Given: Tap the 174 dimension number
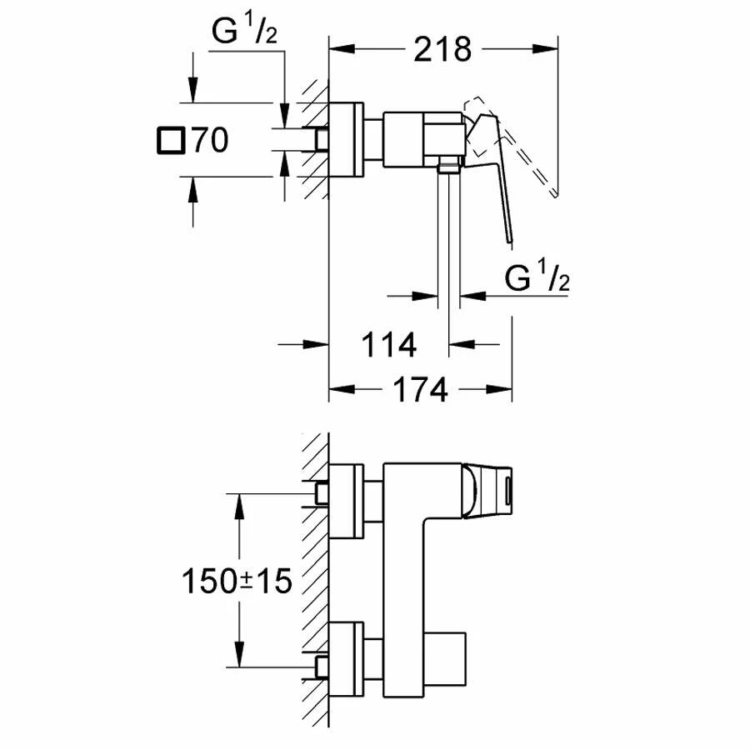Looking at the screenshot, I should point(416,389).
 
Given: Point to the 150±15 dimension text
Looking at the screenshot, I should point(237,581).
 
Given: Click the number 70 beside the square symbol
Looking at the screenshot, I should point(209,141).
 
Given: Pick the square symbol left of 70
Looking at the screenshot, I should point(171,141).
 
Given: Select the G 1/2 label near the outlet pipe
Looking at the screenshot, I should point(537,278).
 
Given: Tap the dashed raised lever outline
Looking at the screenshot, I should point(517,150).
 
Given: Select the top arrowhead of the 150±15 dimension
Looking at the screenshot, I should point(239,501).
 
